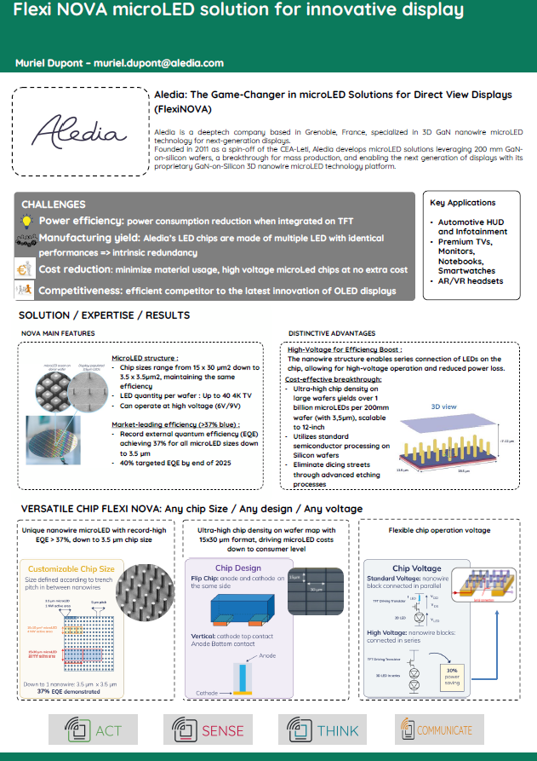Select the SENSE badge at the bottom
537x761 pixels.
click(209, 730)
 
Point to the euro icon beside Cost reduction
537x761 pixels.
click(26, 270)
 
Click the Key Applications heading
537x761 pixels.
click(463, 203)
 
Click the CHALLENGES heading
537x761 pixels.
click(53, 205)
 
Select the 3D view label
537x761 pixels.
click(446, 406)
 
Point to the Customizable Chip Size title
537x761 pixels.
click(71, 568)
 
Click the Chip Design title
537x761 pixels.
click(237, 568)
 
